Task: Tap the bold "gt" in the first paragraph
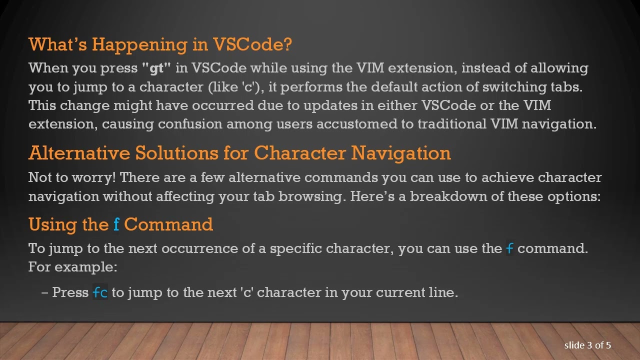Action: (x=156, y=68)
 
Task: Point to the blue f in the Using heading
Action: (x=116, y=224)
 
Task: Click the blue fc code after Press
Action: (x=100, y=292)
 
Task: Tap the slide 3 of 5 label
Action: (x=587, y=345)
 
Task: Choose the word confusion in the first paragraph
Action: (x=190, y=124)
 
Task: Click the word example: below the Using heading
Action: (x=85, y=267)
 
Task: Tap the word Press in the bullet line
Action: (x=70, y=292)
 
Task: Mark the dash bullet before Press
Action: (x=45, y=292)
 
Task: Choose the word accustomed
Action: (x=355, y=124)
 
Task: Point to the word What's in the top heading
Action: (x=58, y=45)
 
